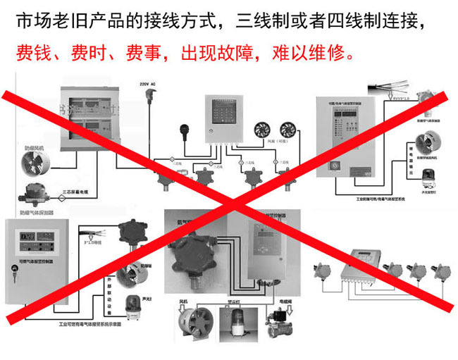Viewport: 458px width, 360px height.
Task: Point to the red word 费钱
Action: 32,52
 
